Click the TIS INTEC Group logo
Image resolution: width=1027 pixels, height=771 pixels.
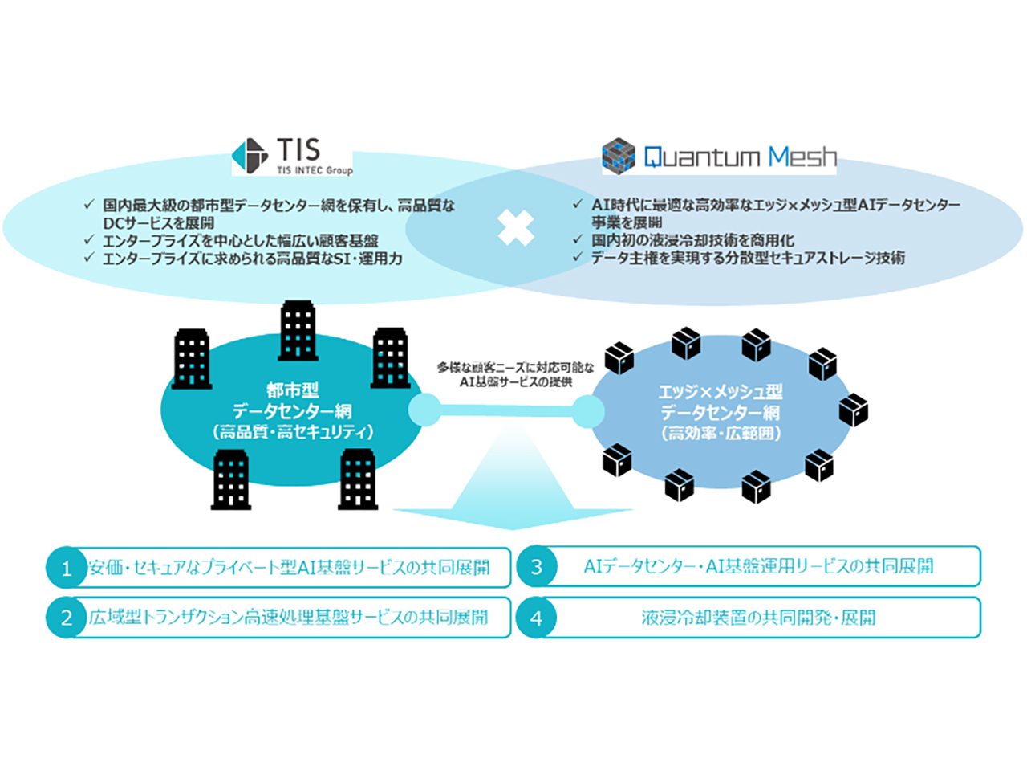292,156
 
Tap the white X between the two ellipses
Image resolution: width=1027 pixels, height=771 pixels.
515,227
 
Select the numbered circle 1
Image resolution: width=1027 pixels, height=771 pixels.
67,569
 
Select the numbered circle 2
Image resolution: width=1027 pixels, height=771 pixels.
67,618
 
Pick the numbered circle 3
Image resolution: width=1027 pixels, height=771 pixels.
537,567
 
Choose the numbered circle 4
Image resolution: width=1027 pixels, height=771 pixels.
537,618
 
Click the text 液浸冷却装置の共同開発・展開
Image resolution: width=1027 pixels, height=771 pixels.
758,618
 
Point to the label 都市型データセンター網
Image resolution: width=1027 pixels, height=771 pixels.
292,401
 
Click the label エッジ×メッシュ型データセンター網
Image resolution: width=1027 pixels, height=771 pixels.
720,402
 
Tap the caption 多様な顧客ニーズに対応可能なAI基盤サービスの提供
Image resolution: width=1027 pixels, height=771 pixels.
515,374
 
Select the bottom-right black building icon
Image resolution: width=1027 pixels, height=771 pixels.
358,479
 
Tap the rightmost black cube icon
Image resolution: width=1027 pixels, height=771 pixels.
853,410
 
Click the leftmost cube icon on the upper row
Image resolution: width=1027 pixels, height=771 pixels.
619,357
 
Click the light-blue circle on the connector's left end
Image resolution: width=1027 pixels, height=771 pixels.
424,410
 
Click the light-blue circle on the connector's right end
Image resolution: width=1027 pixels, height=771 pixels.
588,411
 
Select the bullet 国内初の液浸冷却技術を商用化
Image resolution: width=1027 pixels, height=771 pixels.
692,240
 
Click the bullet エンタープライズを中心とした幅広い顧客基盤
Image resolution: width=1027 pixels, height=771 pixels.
240,241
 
